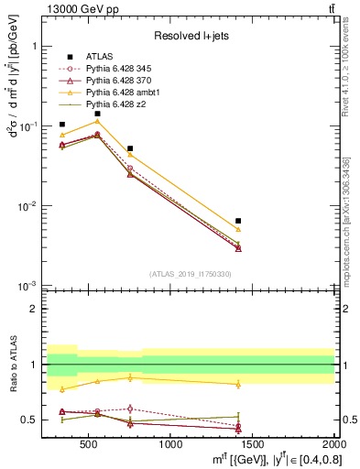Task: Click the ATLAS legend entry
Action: pos(98,57)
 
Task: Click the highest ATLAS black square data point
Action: pos(97,114)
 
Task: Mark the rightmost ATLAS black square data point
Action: pos(238,221)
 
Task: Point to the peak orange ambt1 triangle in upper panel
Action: pos(97,121)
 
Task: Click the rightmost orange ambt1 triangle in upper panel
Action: pos(238,229)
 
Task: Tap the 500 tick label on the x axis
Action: pos(89,446)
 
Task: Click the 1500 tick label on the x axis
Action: pos(253,446)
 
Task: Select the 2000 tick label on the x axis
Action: pos(333,446)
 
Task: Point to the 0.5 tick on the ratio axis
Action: pos(34,420)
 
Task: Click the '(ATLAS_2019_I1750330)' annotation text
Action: pos(190,274)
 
